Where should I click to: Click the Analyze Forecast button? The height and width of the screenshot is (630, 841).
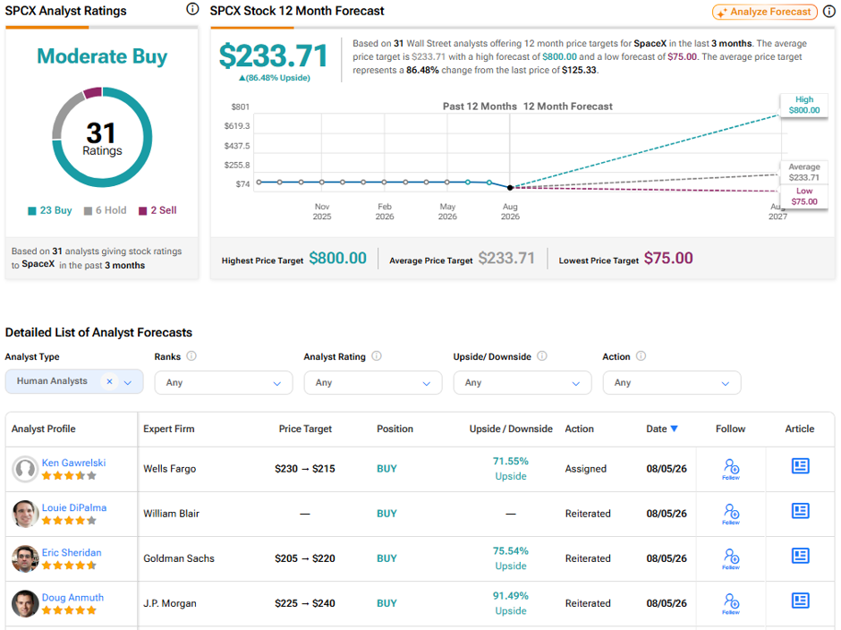764,12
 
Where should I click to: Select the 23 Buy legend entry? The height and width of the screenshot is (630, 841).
50,210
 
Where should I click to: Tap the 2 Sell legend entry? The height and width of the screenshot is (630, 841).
157,210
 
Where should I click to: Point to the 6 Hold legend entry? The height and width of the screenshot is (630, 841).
106,210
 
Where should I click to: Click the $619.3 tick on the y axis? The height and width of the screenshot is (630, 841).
237,126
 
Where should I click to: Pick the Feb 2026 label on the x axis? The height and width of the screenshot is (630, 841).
385,211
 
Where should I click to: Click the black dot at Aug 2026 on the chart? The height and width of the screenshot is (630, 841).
510,187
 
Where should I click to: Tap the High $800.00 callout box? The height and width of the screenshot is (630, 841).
804,106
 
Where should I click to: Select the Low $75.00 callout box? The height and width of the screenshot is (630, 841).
804,196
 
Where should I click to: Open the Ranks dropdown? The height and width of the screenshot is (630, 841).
224,383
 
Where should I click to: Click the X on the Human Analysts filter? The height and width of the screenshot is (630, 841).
109,381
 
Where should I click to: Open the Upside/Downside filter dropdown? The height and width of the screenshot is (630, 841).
522,383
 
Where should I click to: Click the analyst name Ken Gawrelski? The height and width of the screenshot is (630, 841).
74,463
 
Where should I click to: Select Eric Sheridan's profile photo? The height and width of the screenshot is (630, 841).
25,558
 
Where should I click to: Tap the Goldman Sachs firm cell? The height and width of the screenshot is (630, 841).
179,558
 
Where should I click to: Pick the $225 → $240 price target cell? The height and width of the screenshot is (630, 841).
305,603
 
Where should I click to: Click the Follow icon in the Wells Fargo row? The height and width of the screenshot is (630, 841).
731,469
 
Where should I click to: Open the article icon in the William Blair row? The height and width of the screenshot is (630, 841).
800,511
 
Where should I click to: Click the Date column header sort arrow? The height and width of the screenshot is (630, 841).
675,429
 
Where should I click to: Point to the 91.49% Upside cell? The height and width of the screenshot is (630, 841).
511,603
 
